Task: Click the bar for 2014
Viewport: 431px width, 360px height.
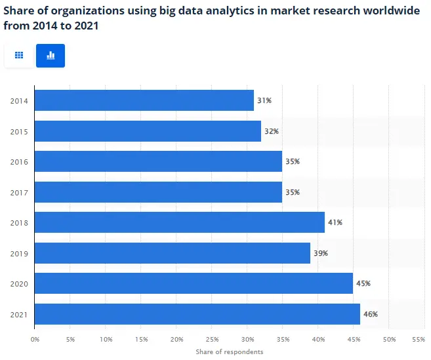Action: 144,100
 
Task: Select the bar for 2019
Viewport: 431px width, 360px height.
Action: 172,253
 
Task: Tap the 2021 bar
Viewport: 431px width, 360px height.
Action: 197,314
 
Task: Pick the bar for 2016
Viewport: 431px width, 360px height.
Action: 158,161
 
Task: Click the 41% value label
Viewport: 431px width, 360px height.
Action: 335,222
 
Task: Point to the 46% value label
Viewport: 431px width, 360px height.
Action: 371,314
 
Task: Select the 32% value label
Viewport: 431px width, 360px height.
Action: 272,131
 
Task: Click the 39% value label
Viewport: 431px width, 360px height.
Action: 321,253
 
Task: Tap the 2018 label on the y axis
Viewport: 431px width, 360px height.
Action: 19,222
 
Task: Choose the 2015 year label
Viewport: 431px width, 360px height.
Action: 19,131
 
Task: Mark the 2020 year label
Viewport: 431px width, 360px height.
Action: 19,284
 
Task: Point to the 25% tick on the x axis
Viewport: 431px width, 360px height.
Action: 212,339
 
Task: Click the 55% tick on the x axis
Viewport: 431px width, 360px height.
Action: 418,339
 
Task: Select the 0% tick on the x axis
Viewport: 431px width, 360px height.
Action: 35,339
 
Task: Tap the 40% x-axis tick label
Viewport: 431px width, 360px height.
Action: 318,339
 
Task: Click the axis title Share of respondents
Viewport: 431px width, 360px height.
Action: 229,351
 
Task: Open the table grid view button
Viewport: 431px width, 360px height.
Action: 19,56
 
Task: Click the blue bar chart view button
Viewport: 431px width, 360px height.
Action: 51,56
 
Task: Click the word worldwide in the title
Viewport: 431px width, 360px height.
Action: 390,11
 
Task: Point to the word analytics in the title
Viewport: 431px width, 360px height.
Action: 222,11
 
